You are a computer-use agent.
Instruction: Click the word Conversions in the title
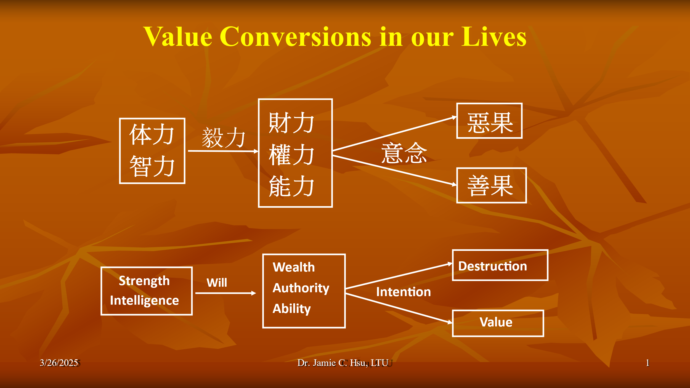click(x=296, y=37)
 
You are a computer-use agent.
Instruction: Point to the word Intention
click(x=404, y=292)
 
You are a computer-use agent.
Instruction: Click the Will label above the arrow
click(x=217, y=283)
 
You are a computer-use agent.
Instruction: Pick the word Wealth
click(x=294, y=267)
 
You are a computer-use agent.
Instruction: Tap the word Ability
click(x=292, y=309)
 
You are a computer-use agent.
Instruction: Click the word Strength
click(x=144, y=281)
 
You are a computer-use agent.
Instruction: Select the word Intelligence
click(x=144, y=301)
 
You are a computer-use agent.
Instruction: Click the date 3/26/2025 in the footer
click(x=59, y=363)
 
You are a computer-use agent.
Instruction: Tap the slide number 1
click(x=647, y=363)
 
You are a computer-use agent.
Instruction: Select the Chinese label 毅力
click(x=224, y=137)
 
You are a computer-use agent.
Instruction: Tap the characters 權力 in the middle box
click(x=292, y=155)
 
